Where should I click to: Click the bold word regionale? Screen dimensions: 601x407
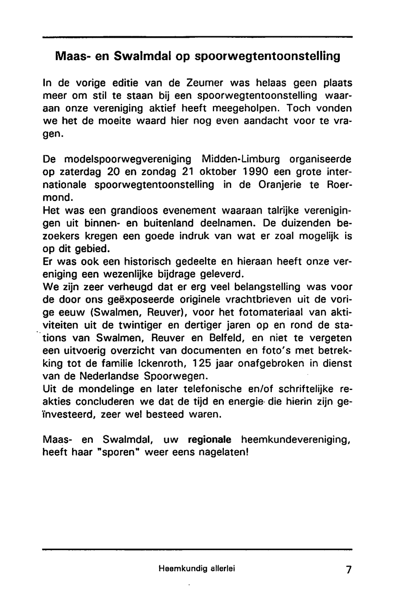(210, 440)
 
